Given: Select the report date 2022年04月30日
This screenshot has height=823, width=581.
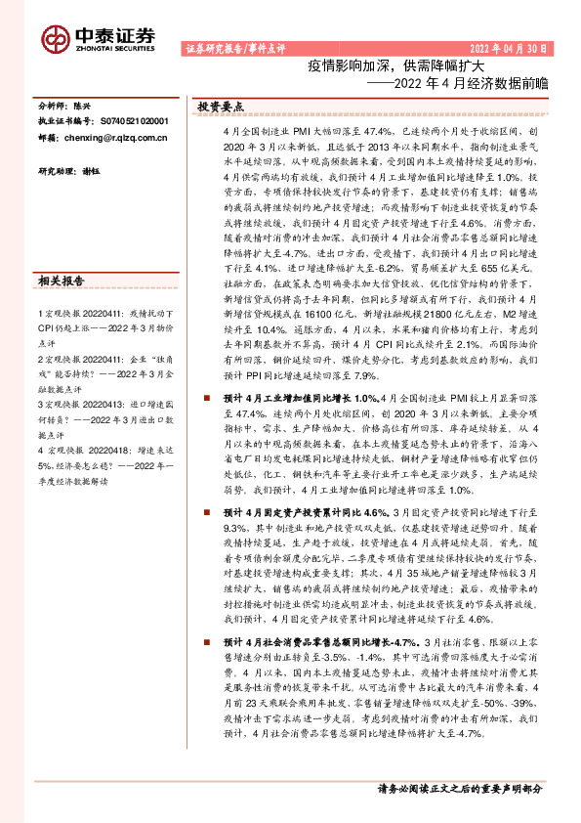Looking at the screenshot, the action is (x=510, y=47).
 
